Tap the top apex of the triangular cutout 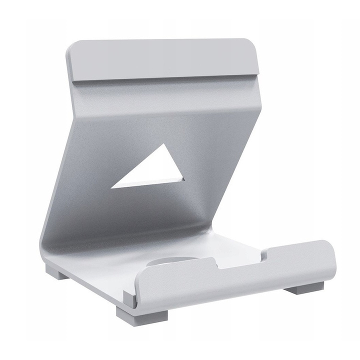tap(164, 145)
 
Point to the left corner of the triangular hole tap(113, 187)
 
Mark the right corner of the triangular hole tap(183, 176)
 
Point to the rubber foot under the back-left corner tap(57, 272)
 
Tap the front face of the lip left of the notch tap(175, 285)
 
